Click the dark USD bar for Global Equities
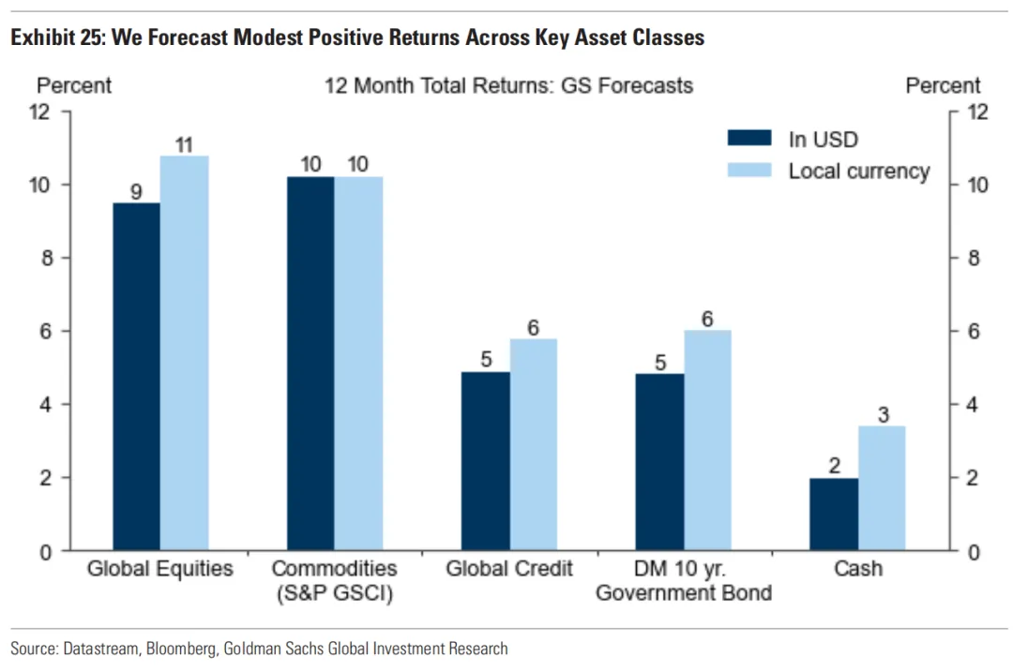pyautogui.click(x=136, y=376)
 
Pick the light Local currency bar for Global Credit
pyautogui.click(x=534, y=444)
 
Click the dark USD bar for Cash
pyautogui.click(x=834, y=514)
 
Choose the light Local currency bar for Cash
pyautogui.click(x=882, y=488)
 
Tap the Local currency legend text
pyautogui.click(x=858, y=171)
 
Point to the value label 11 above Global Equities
pyautogui.click(x=184, y=145)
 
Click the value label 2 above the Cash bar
pyautogui.click(x=834, y=465)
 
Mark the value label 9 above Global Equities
pyautogui.click(x=136, y=193)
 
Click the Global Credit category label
pyautogui.click(x=509, y=569)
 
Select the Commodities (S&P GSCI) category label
pyautogui.click(x=334, y=580)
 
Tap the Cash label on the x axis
pyautogui.click(x=858, y=569)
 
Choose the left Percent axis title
pyautogui.click(x=73, y=85)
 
